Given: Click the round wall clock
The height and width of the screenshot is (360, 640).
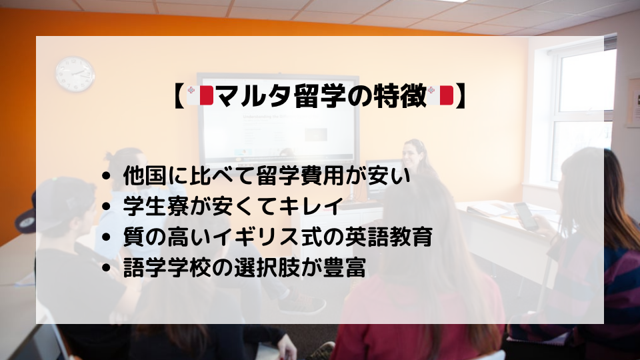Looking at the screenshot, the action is (75, 74).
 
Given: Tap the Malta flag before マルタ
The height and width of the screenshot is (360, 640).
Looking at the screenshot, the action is (200, 95).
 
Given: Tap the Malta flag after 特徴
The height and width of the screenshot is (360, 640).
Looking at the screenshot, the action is (441, 95).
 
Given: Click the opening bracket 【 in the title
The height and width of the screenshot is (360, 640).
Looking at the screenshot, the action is (179, 96).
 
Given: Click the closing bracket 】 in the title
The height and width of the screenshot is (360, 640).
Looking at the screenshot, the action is (461, 96).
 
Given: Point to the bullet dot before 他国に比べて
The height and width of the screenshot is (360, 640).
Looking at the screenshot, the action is (107, 176).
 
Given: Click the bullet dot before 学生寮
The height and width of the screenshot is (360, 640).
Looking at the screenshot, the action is (107, 206).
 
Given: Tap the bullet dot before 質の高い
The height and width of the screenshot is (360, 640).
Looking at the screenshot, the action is (107, 237).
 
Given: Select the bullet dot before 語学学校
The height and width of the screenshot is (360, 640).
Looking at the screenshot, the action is (107, 268).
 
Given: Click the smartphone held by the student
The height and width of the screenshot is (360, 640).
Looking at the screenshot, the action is (525, 216).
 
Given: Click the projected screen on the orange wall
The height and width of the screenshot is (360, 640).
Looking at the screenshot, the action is (277, 119).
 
